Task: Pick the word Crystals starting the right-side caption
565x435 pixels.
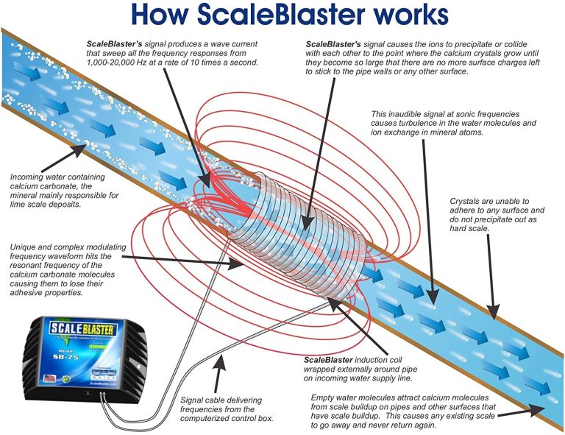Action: (x=466, y=201)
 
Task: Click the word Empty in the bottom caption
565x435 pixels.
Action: (x=327, y=398)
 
